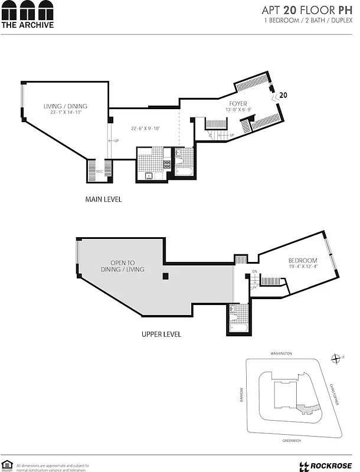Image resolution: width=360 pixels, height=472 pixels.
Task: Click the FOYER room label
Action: [x=238, y=104]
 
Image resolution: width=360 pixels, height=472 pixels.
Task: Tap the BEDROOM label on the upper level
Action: [x=303, y=260]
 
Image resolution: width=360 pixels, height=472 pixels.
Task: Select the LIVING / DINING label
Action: [x=65, y=106]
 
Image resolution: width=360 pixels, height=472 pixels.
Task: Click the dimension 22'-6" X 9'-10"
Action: [x=146, y=128]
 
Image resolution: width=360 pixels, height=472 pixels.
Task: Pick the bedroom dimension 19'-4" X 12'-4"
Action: [x=303, y=267]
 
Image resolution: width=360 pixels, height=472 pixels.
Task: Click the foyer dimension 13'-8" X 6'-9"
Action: [x=238, y=110]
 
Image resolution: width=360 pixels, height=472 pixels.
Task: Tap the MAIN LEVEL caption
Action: [x=104, y=199]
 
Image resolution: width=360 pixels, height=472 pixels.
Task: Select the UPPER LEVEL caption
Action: [x=161, y=335]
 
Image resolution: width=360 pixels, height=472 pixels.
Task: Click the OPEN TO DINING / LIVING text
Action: [x=127, y=266]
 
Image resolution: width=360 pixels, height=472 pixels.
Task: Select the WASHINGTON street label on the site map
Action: [x=282, y=353]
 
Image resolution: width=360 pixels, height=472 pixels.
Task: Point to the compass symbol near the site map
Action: [x=336, y=358]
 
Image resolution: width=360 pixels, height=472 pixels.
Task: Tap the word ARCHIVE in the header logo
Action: [x=38, y=25]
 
